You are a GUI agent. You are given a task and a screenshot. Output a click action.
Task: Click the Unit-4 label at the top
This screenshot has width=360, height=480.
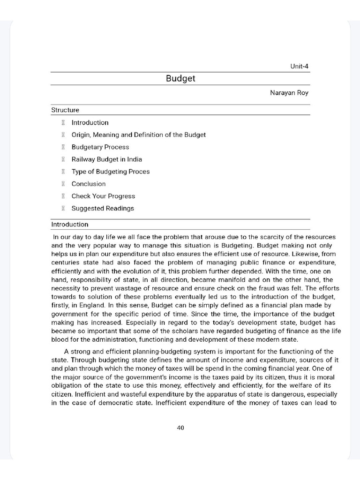pos(300,67)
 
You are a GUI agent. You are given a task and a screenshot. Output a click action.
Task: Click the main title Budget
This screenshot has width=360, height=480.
pos(180,78)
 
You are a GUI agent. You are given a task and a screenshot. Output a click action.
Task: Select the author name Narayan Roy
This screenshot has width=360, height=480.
pos(289,93)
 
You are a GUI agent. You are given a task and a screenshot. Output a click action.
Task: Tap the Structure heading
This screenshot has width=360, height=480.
pos(65,110)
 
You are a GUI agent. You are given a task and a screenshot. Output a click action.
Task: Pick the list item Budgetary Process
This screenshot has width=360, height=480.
pos(100,147)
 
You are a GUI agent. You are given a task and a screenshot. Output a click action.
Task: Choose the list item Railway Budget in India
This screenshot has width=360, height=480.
pos(106,159)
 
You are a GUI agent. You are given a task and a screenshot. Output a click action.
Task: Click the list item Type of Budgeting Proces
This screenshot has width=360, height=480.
pos(110,172)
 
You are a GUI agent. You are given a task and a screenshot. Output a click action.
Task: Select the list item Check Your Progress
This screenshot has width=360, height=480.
pos(103,196)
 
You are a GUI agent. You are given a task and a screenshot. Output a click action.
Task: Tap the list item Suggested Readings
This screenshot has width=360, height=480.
pos(103,208)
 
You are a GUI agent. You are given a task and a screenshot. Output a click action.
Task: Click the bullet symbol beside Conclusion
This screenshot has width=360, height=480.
pos(62,184)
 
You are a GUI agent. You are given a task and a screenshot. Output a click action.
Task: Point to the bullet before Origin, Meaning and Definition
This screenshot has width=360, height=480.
pos(62,135)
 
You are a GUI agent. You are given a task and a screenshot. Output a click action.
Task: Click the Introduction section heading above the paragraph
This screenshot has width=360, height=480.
pos(70,225)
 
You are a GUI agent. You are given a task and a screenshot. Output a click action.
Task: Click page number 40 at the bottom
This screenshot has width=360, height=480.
pos(180,427)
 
